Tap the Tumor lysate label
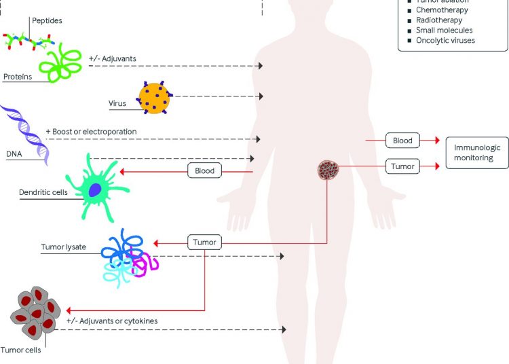coord(64,247)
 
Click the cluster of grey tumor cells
coord(37,315)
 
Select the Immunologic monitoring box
coord(474,153)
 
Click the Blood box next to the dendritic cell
coord(204,171)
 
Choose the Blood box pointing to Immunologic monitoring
coord(402,141)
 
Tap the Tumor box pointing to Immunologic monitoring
coord(402,165)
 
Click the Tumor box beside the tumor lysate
coord(204,242)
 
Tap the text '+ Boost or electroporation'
coord(91,131)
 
